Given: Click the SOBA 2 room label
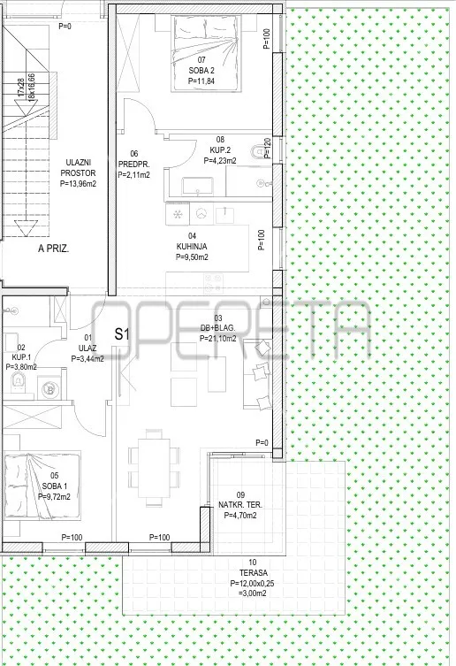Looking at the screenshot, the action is coord(201,71).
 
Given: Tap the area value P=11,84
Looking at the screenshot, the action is coord(201,80).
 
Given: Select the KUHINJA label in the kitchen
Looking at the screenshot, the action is coord(192,247).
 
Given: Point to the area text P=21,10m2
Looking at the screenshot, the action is coord(217,339).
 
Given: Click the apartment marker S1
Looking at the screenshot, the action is coord(121,333).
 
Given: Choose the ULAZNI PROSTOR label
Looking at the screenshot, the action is coord(78,168).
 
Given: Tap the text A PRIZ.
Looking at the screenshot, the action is coord(54,249).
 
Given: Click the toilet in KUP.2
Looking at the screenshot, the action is coord(258,151).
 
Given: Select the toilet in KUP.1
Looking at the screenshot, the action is coord(18,381).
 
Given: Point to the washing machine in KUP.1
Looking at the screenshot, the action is coord(50,389).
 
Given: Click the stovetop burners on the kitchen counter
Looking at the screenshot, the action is coord(213,283).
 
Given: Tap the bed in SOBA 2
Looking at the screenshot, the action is coord(206,53).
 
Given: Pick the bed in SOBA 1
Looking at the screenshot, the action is coord(42,486).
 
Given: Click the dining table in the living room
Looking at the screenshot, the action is coord(154,468).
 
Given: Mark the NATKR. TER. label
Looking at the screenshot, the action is coord(240,505).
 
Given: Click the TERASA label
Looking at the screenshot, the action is coord(253,572).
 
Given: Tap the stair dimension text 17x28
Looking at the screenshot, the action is coord(22,87).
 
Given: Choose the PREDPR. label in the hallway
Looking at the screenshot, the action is coord(133,165).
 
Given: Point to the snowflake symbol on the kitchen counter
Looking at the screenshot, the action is coord(178,214).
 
